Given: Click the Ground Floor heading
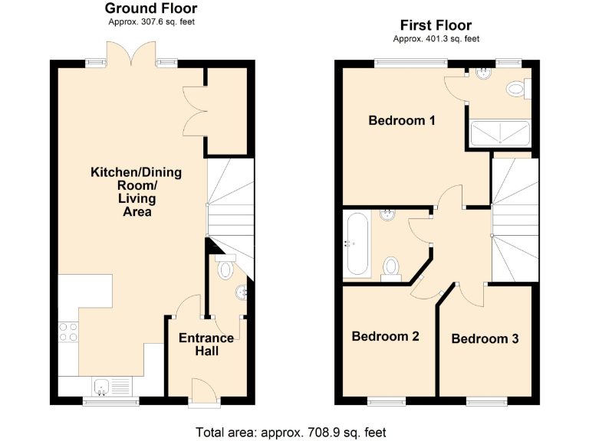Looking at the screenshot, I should pos(151,8).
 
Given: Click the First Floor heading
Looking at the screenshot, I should pos(436,25).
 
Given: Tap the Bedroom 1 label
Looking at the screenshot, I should pos(402,120).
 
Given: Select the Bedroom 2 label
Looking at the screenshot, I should pos(385,336).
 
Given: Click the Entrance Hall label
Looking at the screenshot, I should pos(206,345).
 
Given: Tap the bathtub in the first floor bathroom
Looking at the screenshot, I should pos(357,244).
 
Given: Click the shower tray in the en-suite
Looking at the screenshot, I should pos(499,132).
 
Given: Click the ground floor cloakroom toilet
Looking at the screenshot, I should pos(225,269).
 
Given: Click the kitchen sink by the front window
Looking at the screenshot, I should pos(101,385).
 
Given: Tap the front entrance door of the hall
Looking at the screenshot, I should pos(204,390).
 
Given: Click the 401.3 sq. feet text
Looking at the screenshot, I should pos(436,39).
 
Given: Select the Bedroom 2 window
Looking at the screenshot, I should pos(386,400).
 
